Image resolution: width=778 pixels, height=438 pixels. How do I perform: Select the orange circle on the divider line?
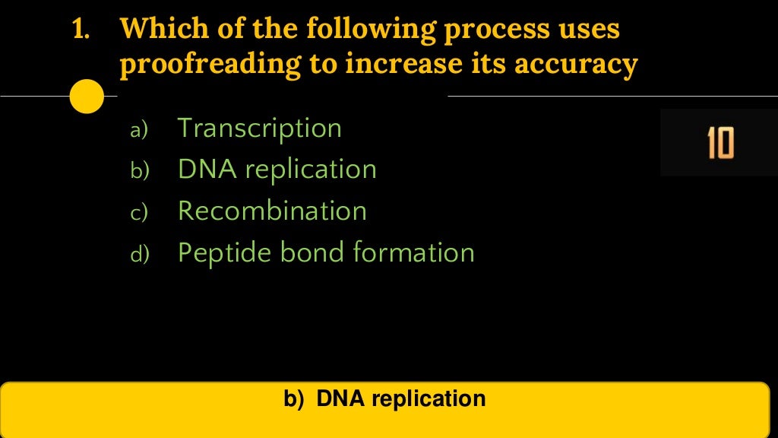tap(87, 97)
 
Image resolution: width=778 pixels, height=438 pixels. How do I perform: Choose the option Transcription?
tap(259, 128)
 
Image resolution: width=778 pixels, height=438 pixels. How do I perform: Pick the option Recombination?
tap(272, 211)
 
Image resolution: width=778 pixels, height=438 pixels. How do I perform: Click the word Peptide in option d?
tap(217, 252)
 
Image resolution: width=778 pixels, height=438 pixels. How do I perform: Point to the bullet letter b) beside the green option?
tap(141, 172)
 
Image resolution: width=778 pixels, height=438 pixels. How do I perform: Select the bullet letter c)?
tap(140, 214)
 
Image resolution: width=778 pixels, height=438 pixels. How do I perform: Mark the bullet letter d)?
tap(141, 255)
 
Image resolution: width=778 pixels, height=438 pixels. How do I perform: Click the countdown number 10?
tap(719, 143)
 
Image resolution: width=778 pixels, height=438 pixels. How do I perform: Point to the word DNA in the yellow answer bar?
tap(341, 398)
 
